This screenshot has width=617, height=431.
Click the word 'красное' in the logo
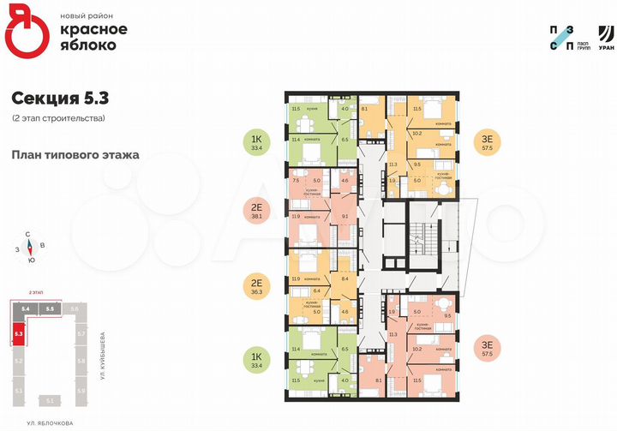93,30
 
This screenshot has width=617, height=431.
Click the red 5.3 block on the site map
19,332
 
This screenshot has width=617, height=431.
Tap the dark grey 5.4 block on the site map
27,308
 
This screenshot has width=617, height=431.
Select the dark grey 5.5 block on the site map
50,308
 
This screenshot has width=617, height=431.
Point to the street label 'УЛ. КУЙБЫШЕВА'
101,356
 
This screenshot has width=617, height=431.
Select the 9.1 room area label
344,216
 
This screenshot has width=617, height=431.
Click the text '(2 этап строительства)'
59,117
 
